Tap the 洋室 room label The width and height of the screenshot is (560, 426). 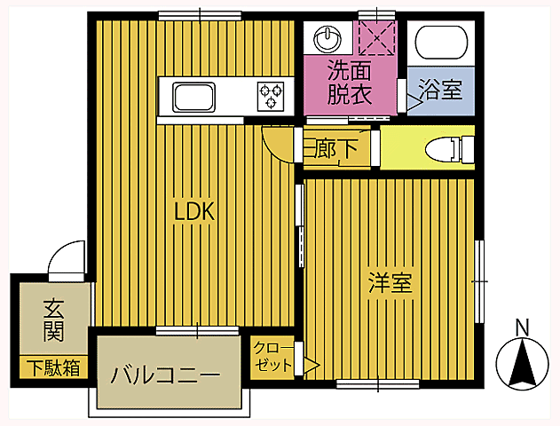pos(390,284)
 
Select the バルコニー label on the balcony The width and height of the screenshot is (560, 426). pos(165,375)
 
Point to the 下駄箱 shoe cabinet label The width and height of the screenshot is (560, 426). pos(52,367)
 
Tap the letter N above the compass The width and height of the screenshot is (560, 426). pos(523,327)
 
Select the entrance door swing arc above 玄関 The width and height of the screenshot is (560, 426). pos(65,263)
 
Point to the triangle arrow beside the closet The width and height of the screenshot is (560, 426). pos(312,363)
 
